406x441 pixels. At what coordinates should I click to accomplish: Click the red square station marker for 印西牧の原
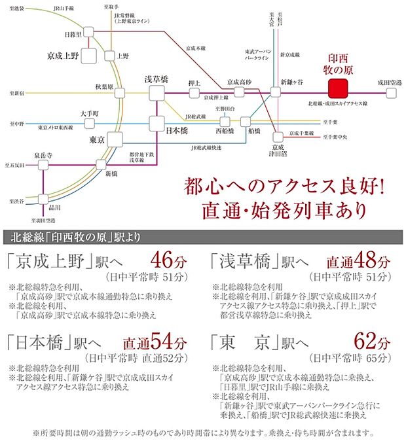pyautogui.click(x=339, y=87)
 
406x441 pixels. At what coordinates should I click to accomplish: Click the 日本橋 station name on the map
pyautogui.click(x=177, y=130)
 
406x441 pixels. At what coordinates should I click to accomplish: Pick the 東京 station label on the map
pyautogui.click(x=96, y=139)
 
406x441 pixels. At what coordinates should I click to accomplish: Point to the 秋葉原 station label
pyautogui.click(x=105, y=86)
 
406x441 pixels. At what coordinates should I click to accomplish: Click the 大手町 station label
pyautogui.click(x=90, y=113)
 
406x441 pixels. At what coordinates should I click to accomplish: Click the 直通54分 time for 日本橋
pyautogui.click(x=156, y=343)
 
